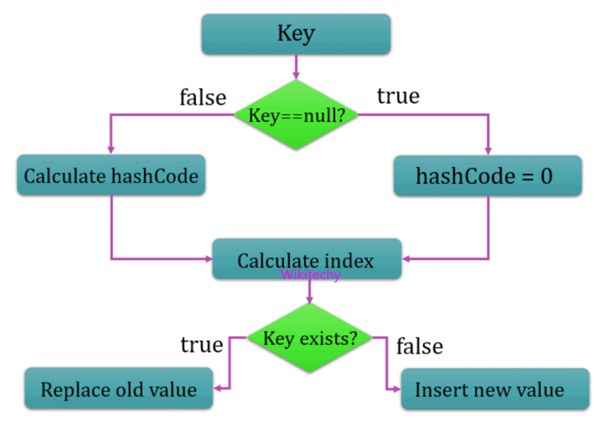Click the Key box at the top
(x=296, y=34)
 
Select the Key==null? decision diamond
(x=296, y=115)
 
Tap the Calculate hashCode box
(x=111, y=176)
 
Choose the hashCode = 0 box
(x=488, y=176)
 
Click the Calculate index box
(x=306, y=260)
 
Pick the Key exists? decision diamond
(x=310, y=338)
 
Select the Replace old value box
(x=118, y=389)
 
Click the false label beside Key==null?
(x=203, y=97)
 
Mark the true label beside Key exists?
(x=201, y=345)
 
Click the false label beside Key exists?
(x=419, y=346)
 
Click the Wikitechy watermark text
(x=310, y=275)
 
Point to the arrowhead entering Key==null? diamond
(x=296, y=75)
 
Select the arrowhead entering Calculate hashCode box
(x=111, y=150)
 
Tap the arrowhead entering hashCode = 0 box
(x=488, y=150)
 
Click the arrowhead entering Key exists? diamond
(x=310, y=299)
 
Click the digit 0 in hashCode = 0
(x=546, y=176)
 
